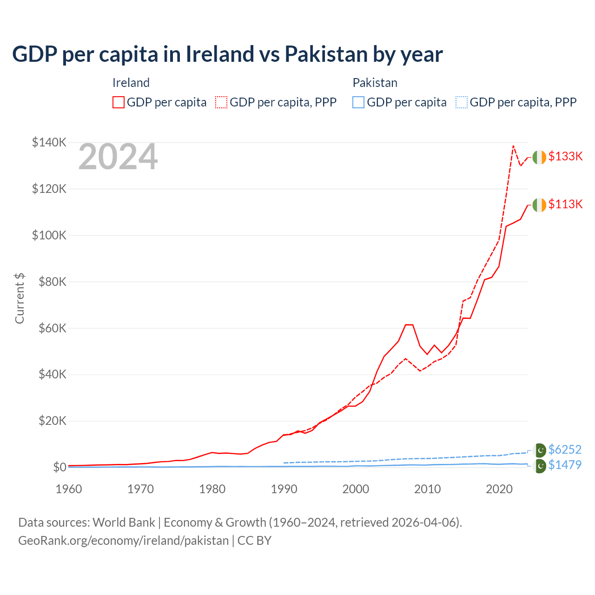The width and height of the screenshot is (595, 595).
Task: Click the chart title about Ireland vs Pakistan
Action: click(227, 54)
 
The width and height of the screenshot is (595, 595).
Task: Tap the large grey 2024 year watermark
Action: click(118, 157)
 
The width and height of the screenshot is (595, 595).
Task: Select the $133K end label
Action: click(565, 156)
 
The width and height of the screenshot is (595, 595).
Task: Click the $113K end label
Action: click(565, 204)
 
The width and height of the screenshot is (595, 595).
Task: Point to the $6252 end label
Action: click(565, 450)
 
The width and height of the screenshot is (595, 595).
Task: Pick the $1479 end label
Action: click(565, 465)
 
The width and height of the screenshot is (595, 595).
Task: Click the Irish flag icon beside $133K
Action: click(539, 158)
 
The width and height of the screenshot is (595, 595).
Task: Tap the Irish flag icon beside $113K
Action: click(539, 205)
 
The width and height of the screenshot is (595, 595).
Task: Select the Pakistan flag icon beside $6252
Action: click(540, 450)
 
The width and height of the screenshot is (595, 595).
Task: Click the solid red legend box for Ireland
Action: click(119, 102)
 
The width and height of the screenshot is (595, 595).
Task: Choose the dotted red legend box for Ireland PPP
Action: click(221, 102)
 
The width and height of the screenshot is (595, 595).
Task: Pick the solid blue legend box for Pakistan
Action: click(358, 102)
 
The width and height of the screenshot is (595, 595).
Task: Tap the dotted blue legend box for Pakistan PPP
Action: click(462, 102)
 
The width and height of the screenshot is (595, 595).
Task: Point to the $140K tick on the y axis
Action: click(49, 142)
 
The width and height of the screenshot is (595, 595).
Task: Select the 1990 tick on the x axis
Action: click(284, 489)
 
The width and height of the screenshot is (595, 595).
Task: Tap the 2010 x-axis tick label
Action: click(427, 489)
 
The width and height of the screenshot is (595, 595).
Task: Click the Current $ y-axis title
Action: click(20, 298)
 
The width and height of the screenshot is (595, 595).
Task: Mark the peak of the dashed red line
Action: click(513, 146)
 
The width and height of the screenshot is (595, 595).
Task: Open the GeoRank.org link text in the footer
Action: click(123, 541)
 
